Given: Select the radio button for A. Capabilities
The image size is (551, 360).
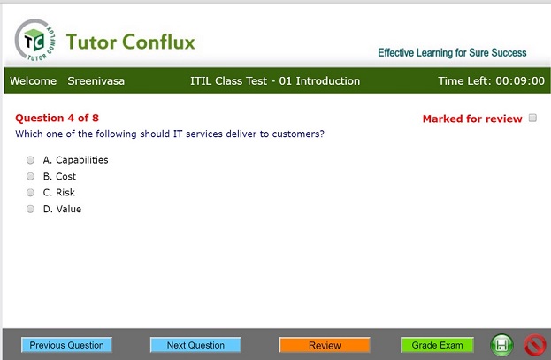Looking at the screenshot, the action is coord(31,160).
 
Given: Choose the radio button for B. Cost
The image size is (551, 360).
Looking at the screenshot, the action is coord(31,176).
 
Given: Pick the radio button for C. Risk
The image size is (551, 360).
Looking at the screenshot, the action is coord(31,192).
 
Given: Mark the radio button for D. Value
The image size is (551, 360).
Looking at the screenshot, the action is coord(31,209).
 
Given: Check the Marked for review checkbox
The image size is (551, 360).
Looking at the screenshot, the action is coord(532,118).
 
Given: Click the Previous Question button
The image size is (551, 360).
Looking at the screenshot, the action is coord(66,345).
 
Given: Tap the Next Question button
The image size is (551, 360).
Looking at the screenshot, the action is coord(195,345).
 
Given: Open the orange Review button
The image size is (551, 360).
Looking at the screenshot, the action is coord(325,345).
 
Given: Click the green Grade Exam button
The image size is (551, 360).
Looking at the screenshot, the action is coord(437,345).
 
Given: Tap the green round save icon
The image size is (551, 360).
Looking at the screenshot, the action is coord(501,345).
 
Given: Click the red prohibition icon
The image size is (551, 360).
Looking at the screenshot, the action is coord(535,345).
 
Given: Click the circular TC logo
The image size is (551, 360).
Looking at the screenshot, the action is coord(35,40).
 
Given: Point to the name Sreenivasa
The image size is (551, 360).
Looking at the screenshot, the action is coord(96,80).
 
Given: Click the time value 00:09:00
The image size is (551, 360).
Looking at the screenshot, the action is coord(520,80).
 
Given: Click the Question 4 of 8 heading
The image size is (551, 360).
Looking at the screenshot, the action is coord(57,118).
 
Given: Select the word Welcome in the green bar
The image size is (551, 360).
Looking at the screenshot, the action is coord(34,80).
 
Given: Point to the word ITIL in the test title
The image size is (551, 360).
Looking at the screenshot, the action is coord(201,80).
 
